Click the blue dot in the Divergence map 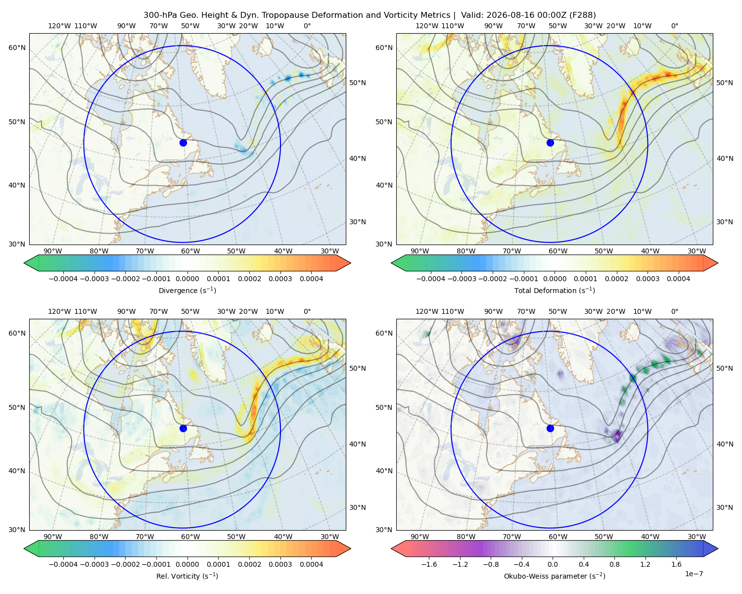(183, 143)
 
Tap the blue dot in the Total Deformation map (550, 143)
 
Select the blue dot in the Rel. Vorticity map (183, 428)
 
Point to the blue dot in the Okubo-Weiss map (550, 428)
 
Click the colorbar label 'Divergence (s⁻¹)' (187, 290)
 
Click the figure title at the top (370, 15)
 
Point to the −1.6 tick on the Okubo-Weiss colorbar (429, 564)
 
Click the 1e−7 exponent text (694, 574)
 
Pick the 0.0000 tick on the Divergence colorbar (187, 279)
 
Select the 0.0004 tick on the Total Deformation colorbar (678, 279)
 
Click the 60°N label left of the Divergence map (17, 48)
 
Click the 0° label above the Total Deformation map (674, 26)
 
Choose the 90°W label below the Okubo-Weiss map (419, 537)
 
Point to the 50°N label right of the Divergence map (358, 83)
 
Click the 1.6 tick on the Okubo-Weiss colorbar (677, 564)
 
